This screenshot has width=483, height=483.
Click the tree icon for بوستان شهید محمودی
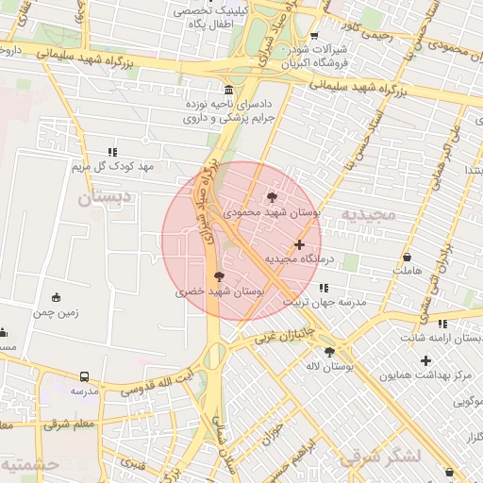pyautogui.click(x=273, y=198)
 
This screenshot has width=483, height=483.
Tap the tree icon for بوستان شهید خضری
pyautogui.click(x=220, y=277)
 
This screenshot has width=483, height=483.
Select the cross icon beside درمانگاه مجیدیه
pyautogui.click(x=300, y=245)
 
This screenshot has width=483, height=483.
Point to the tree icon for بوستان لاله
pyautogui.click(x=329, y=351)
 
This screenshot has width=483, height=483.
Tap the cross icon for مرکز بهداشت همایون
pyautogui.click(x=426, y=360)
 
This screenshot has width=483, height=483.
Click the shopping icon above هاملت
pyautogui.click(x=407, y=257)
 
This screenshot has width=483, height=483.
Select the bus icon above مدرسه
pyautogui.click(x=85, y=376)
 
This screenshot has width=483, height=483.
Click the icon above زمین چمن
pyautogui.click(x=56, y=298)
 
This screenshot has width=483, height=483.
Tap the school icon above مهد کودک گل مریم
pyautogui.click(x=112, y=152)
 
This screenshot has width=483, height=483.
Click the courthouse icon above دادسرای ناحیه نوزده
pyautogui.click(x=228, y=90)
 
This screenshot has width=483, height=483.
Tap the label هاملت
pyautogui.click(x=407, y=271)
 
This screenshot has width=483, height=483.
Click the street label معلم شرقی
pyautogui.click(x=69, y=425)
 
